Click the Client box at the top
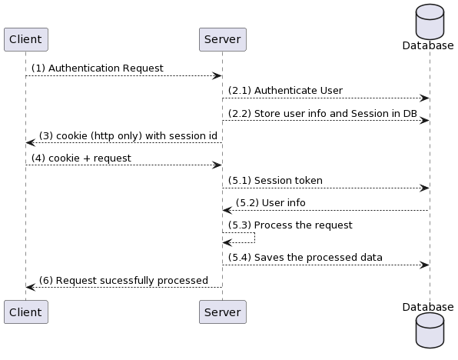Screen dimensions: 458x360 tap(26, 39)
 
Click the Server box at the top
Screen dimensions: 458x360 tap(223, 39)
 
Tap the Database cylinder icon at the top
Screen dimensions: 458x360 tap(430, 22)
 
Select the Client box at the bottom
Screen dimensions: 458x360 tap(26, 312)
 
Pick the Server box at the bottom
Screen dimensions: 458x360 tap(223, 312)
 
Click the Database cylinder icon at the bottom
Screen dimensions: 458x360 tap(430, 331)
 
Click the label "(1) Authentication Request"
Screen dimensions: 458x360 tap(98, 68)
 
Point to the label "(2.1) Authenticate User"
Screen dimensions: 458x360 tap(285, 90)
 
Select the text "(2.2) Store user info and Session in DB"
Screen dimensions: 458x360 tap(323, 114)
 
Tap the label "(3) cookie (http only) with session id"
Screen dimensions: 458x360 tap(128, 136)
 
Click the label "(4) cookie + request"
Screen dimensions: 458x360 tap(81, 158)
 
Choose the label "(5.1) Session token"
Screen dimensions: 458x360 tap(275, 181)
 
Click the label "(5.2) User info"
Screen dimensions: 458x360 tap(270, 202)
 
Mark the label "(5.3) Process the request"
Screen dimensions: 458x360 tap(290, 225)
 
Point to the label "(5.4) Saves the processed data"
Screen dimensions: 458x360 tap(305, 258)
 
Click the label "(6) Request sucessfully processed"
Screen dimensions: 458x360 tap(124, 280)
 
